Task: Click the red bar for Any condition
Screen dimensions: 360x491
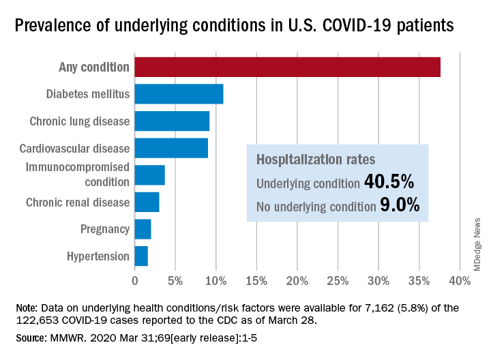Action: pyautogui.click(x=287, y=67)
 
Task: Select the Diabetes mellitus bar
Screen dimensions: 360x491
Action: pyautogui.click(x=179, y=94)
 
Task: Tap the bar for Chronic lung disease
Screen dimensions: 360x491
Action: pyautogui.click(x=172, y=121)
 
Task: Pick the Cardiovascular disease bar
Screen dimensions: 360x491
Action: pyautogui.click(x=171, y=148)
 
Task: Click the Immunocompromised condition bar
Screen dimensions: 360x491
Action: pyautogui.click(x=149, y=175)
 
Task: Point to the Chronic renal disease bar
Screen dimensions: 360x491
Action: pyautogui.click(x=147, y=202)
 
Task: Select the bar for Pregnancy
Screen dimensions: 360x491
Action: pyautogui.click(x=143, y=229)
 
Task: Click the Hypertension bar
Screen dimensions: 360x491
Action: pyautogui.click(x=141, y=256)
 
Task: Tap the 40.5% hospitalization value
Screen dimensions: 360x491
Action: pyautogui.click(x=389, y=182)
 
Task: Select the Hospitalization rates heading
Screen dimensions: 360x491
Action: pyautogui.click(x=307, y=160)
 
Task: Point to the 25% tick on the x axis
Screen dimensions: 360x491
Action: pyautogui.click(x=338, y=281)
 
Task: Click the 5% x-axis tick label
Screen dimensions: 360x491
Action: pyautogui.click(x=175, y=281)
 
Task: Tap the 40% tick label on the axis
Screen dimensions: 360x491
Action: pyautogui.click(x=460, y=281)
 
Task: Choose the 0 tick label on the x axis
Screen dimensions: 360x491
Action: pyautogui.click(x=134, y=281)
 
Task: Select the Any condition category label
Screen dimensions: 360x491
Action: pyautogui.click(x=93, y=67)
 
